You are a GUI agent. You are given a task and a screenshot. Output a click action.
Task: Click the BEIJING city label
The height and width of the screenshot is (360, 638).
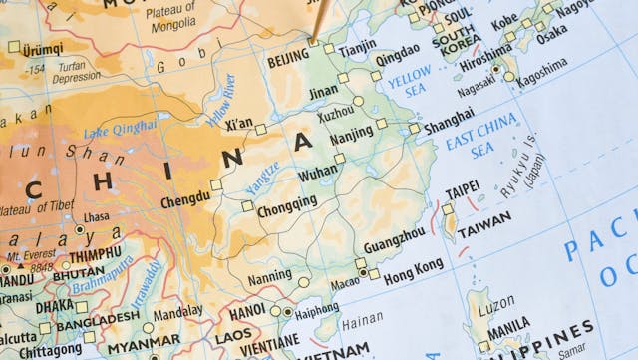(x=289, y=61)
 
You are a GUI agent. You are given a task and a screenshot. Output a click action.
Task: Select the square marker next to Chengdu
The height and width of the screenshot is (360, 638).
(x=216, y=185)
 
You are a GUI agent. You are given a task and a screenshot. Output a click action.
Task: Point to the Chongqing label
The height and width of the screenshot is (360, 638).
(x=286, y=202)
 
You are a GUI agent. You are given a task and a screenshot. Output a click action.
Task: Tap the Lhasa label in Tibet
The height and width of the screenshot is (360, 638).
(x=96, y=216)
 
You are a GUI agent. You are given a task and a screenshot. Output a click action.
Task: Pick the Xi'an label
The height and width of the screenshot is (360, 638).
(x=239, y=124)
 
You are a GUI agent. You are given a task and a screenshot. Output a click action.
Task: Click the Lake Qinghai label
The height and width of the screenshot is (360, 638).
(x=120, y=129)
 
